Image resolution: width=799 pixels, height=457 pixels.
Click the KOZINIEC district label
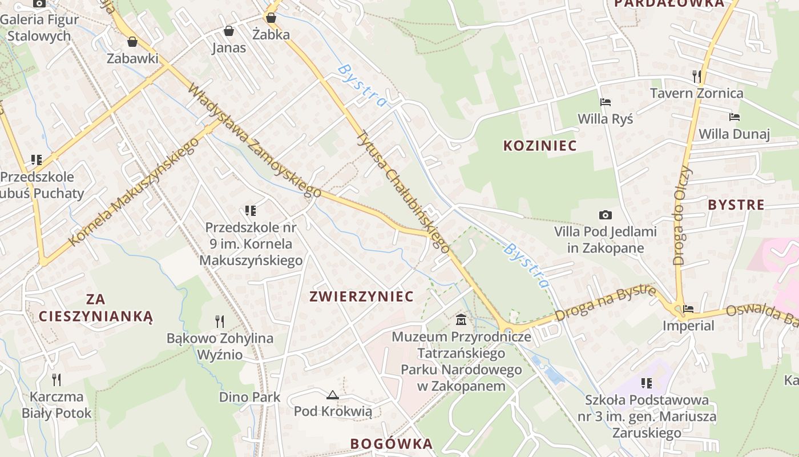(540, 146)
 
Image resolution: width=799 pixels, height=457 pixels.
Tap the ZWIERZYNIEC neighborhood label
(361, 296)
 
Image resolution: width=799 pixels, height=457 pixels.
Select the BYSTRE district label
(736, 205)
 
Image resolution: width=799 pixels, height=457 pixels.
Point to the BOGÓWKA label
(392, 444)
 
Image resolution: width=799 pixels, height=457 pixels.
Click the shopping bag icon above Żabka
(271, 17)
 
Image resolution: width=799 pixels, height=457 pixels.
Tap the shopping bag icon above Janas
(229, 30)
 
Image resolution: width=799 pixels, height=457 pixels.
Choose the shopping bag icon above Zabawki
(132, 42)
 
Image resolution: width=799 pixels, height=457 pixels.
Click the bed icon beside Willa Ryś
(606, 102)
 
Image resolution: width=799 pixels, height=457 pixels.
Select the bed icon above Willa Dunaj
(735, 117)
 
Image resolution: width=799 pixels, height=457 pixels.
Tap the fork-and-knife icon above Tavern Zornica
(696, 75)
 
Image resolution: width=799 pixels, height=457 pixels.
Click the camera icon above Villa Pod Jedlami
(606, 215)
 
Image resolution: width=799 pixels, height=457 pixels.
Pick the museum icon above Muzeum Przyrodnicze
(461, 319)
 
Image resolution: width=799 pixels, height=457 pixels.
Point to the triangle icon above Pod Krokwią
(332, 394)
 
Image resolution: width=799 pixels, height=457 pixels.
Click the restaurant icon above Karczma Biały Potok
(57, 379)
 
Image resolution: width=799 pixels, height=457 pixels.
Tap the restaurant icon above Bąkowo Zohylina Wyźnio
(220, 321)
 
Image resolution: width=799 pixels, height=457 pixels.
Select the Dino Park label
(250, 397)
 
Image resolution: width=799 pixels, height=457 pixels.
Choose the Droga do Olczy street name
(681, 215)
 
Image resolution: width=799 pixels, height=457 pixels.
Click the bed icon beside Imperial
(688, 309)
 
